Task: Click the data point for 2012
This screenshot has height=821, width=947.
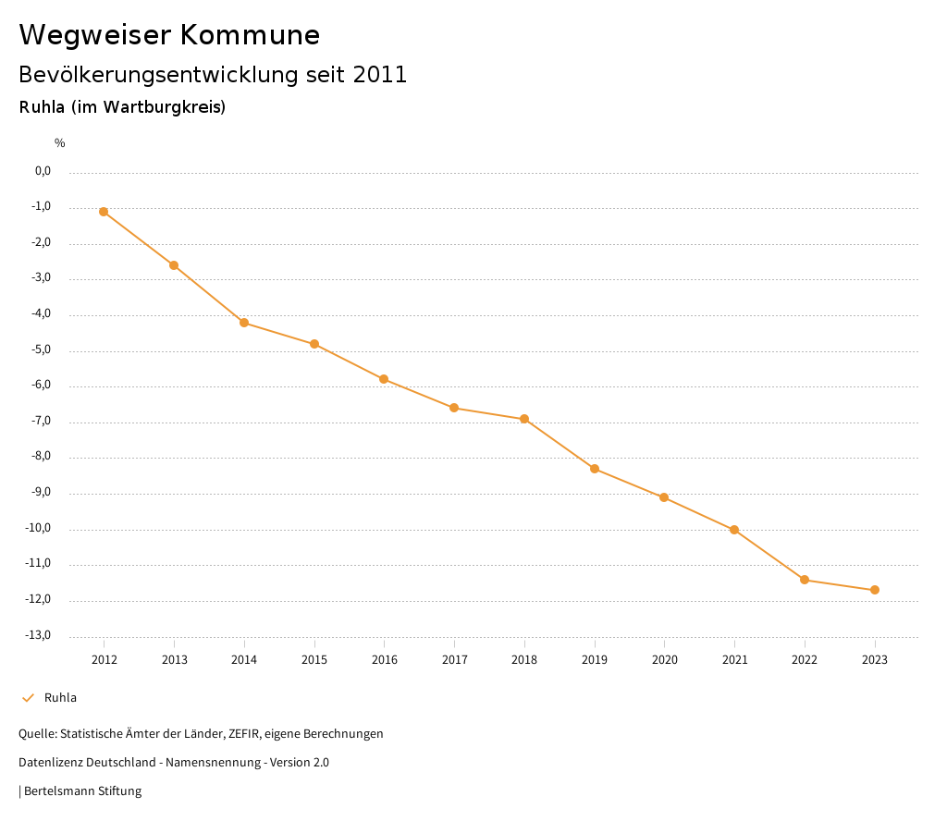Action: [104, 212]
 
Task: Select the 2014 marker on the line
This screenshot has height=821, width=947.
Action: [244, 323]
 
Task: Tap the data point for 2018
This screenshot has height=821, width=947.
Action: [524, 419]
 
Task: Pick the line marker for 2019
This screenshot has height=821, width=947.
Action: [595, 469]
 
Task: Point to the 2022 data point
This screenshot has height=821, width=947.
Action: [805, 580]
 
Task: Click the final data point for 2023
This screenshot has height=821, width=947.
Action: [875, 590]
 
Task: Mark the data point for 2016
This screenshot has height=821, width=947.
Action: [384, 379]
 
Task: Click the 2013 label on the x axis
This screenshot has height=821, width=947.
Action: [174, 659]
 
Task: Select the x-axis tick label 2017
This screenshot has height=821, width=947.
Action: [454, 659]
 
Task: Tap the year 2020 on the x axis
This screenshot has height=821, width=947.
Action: [664, 659]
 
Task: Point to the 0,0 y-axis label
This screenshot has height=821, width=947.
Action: [43, 171]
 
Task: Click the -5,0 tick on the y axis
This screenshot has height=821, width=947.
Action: [42, 349]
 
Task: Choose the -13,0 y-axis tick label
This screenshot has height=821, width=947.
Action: [39, 635]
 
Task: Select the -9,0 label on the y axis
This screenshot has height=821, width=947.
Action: [42, 493]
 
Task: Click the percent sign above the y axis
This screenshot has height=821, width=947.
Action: [60, 142]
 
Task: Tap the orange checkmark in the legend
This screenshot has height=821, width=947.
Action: [28, 698]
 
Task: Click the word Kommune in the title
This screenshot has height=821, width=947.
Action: [250, 35]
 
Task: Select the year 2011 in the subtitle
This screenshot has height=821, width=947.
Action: [380, 75]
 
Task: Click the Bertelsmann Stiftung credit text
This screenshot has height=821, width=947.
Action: [82, 791]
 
